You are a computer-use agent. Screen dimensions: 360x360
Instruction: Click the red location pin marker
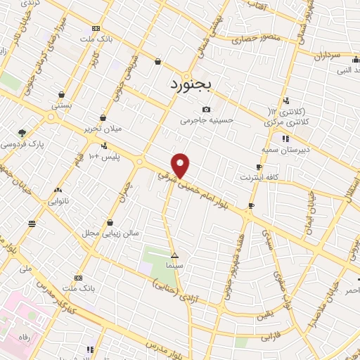coord(181,165)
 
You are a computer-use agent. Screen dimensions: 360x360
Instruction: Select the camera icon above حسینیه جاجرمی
coord(206,109)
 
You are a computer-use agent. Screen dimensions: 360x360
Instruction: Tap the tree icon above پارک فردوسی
coord(22,131)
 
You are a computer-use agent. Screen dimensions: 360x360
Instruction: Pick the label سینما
coord(175,266)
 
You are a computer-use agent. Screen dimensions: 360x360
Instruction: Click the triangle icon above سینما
coord(174,255)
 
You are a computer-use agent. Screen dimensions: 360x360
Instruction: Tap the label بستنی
coord(62,104)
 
